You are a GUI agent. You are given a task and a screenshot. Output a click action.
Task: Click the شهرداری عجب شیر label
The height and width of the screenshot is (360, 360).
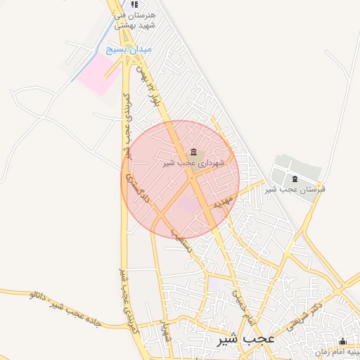click(193, 163)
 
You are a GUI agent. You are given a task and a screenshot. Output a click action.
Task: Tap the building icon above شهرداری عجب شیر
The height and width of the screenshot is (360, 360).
click(193, 153)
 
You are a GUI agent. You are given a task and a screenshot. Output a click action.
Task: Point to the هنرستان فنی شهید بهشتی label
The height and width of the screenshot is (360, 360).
click(134, 20)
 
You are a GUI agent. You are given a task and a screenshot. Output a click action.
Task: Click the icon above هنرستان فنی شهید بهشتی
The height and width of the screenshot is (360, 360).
click(134, 5)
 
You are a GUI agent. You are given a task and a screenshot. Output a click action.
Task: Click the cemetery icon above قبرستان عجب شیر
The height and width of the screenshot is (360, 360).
click(294, 179)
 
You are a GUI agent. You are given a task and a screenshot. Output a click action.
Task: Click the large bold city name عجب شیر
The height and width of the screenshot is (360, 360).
click(245, 338)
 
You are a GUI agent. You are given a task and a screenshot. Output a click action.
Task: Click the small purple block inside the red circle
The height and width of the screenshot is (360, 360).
click(187, 205)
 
